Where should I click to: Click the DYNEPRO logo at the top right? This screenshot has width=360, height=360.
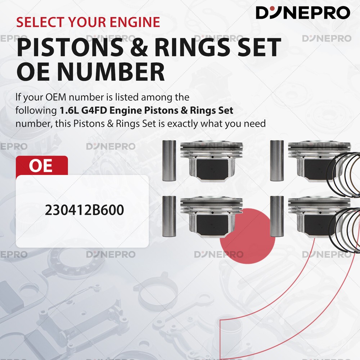click(303, 13)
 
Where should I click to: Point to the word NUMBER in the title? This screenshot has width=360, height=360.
click(111, 72)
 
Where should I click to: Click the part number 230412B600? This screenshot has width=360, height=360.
click(84, 210)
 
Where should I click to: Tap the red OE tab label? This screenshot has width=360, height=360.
click(41, 166)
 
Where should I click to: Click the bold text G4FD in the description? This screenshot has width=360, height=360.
click(94, 111)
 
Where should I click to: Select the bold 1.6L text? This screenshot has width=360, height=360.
click(69, 111)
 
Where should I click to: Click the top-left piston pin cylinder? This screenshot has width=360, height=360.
click(169, 161)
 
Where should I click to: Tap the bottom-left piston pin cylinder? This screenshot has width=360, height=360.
click(169, 216)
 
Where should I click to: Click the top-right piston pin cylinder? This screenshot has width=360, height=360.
click(277, 161)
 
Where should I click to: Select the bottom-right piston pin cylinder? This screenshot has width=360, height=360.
click(277, 216)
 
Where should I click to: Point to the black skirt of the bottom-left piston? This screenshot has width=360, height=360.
click(212, 225)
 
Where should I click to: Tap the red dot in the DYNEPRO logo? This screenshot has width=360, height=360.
click(272, 9)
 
